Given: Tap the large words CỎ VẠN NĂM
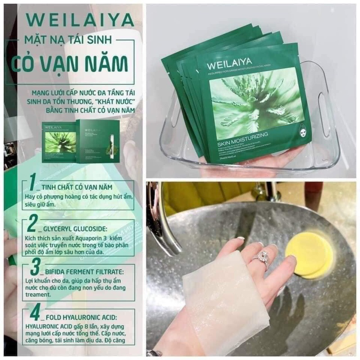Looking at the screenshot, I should tap(74, 60).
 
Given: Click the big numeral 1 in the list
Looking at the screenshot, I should tap(31, 182).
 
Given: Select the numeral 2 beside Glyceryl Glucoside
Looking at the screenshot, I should tap(32, 223).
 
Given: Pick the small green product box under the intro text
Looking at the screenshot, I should tap(98, 140).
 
